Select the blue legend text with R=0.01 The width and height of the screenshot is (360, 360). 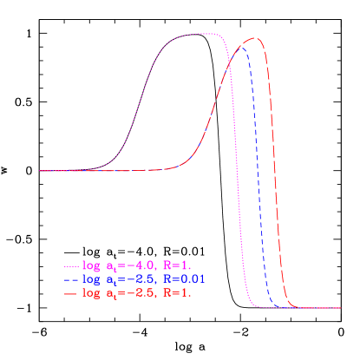pos(143,279)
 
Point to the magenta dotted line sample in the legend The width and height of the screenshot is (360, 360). pos(72,265)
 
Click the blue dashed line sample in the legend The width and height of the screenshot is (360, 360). pos(72,280)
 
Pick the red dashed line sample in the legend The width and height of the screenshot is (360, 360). pos(72,294)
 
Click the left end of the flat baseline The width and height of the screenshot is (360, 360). pos(41,170)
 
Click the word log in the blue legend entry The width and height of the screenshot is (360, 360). pos(90,280)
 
